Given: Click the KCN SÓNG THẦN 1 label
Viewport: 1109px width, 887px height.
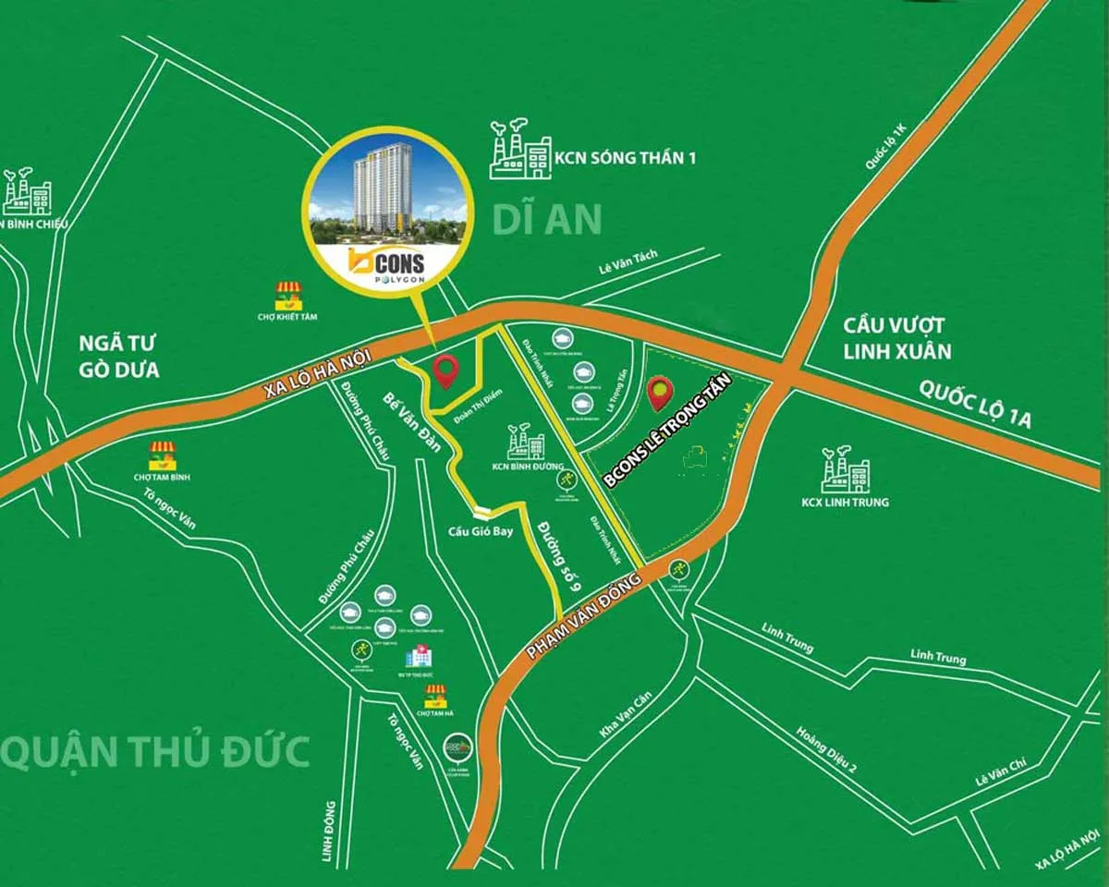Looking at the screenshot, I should tap(625, 157).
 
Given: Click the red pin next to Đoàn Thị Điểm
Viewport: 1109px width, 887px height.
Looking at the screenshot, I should tap(447, 371).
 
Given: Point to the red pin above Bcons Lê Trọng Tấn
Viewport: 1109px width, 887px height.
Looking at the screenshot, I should tap(659, 393).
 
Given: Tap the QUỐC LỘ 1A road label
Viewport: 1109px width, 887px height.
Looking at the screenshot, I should tap(974, 407).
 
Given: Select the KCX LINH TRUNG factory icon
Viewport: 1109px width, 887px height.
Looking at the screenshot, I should tap(845, 470).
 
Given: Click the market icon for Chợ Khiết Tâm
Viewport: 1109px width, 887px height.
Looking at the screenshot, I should tap(289, 297).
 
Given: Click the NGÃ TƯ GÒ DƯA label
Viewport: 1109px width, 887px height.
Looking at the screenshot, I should tap(119, 358).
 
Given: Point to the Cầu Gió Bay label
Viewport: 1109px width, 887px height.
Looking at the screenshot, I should tap(481, 531).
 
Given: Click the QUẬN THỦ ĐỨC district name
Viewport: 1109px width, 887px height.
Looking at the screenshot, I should tap(155, 752).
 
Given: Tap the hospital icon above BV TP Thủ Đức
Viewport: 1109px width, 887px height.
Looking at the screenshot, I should tap(417, 656).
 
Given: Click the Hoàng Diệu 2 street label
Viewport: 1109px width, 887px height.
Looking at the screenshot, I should tap(827, 747).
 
